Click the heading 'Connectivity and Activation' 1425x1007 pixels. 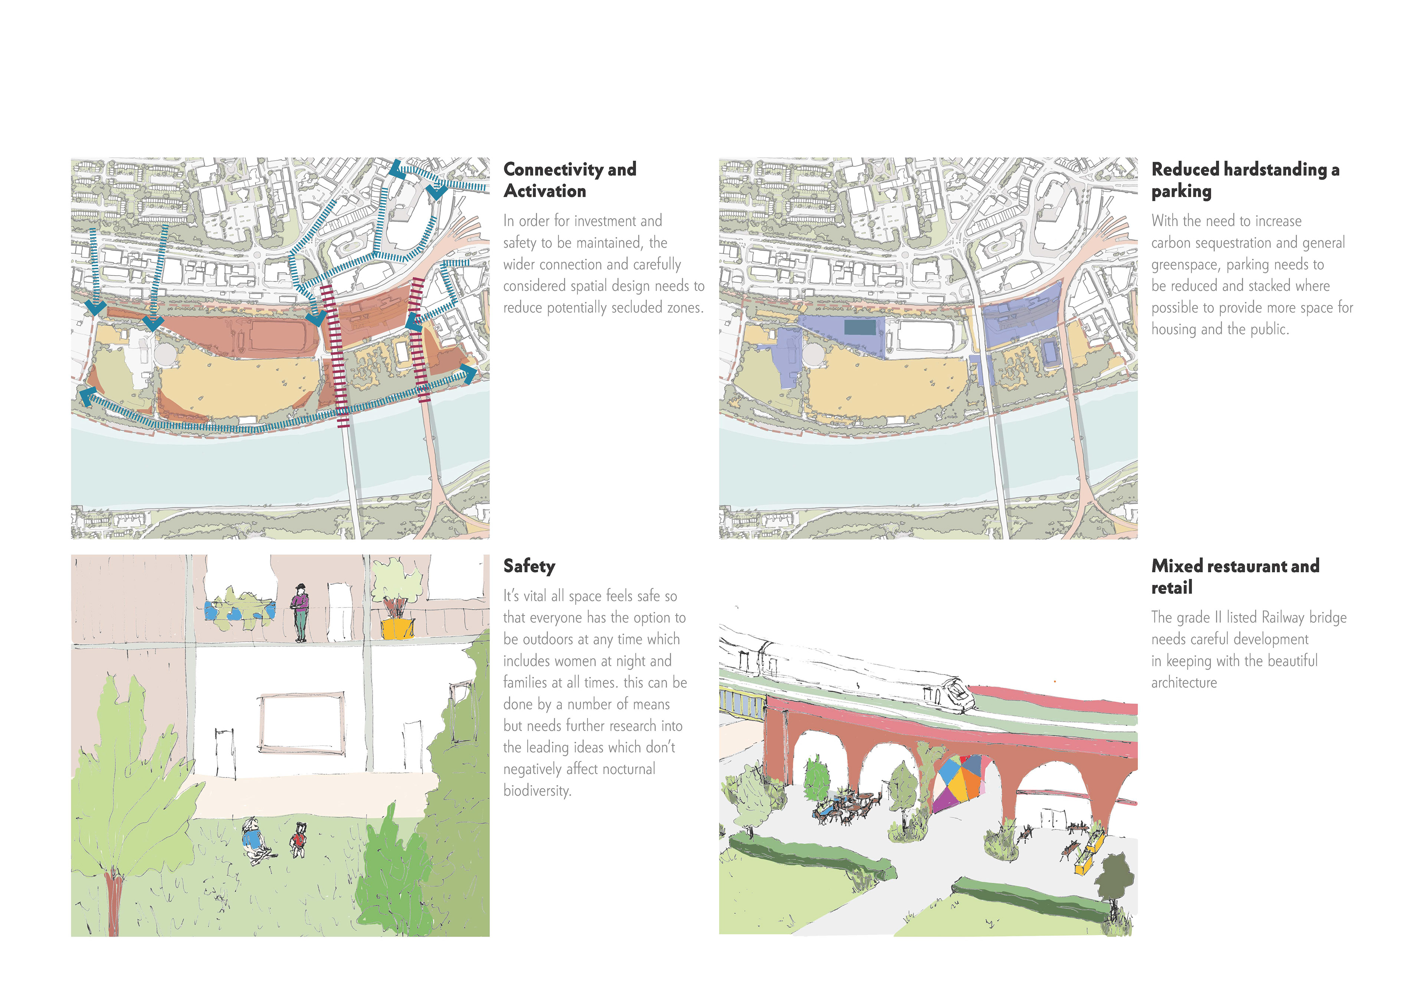point(569,180)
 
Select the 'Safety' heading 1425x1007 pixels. point(529,566)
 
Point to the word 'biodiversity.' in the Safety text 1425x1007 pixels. point(537,790)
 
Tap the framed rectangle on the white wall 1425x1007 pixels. point(302,723)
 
